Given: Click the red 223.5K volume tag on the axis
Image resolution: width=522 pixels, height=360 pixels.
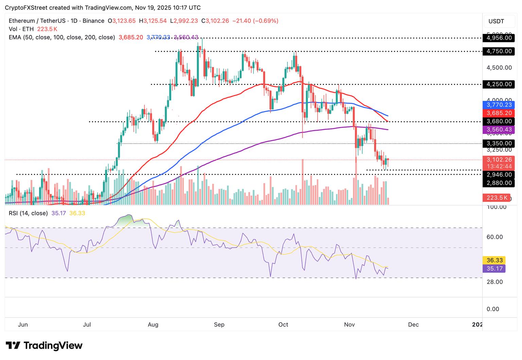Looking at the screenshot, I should coord(496,198).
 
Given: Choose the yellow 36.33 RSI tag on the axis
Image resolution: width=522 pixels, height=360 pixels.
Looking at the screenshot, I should coord(494,260).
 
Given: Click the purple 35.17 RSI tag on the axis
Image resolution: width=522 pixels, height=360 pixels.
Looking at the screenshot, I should coord(494,268).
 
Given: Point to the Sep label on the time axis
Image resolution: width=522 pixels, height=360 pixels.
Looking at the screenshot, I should coord(219,324).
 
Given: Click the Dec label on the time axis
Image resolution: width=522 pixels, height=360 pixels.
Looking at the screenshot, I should coord(413,324).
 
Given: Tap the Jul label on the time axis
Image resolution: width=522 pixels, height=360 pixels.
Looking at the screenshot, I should coord(87,324).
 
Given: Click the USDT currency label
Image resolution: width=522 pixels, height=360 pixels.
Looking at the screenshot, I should coord(496,21).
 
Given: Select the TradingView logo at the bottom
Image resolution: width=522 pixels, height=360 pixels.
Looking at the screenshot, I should coord(44,346).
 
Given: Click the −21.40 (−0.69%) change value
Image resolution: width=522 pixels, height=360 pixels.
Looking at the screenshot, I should coord(255,21).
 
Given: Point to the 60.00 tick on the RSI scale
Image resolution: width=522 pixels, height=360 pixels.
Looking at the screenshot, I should coord(494,237).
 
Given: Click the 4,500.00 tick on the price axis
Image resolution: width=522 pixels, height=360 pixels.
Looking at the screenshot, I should coord(499,68).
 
